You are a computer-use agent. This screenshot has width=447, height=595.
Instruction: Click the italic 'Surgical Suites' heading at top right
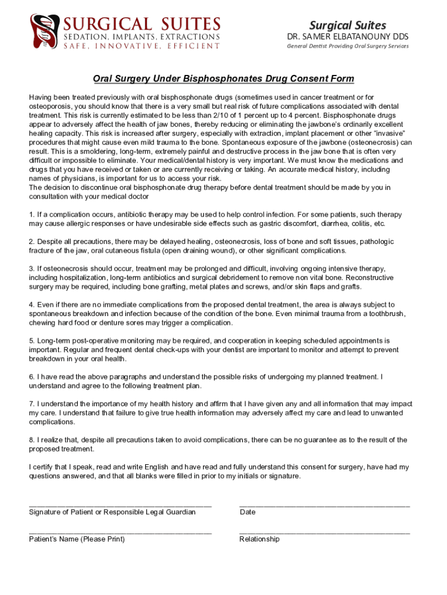click(x=347, y=25)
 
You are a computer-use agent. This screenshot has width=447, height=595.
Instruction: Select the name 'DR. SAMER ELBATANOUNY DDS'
click(x=348, y=37)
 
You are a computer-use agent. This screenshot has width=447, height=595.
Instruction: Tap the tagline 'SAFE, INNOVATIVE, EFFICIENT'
click(x=142, y=46)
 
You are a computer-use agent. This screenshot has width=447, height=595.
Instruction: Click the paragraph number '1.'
click(x=32, y=214)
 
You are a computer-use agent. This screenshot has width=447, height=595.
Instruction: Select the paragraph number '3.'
click(x=32, y=268)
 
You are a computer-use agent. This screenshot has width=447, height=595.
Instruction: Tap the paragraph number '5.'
click(x=32, y=340)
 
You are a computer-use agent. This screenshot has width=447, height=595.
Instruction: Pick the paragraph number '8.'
click(x=32, y=440)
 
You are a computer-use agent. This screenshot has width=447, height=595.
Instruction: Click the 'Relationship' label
click(x=259, y=539)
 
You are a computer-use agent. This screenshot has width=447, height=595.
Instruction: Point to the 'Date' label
click(x=247, y=512)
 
